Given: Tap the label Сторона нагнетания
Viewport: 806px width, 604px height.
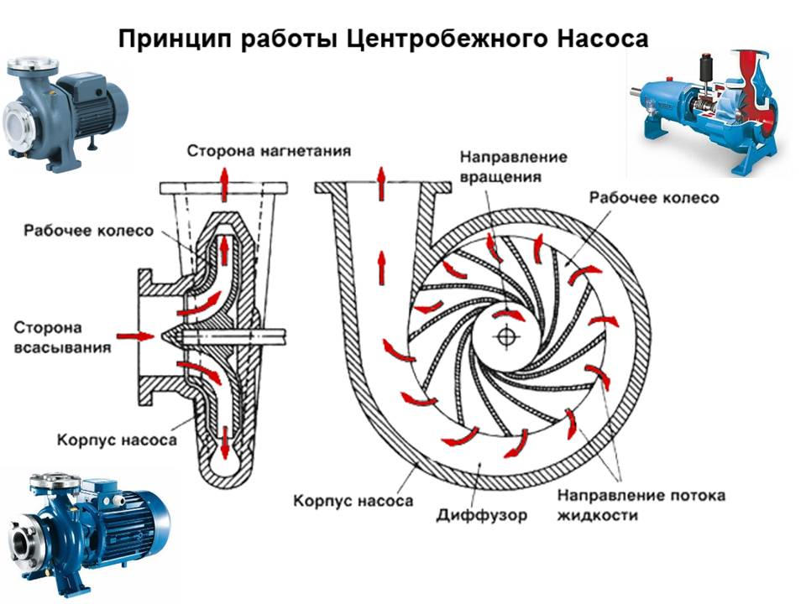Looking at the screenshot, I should (269, 151).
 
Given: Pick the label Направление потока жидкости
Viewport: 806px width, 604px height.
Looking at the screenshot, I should (641, 504).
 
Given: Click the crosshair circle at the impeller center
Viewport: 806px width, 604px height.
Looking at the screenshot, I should (505, 336).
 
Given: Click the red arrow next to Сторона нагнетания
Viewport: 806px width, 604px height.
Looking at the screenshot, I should (224, 181).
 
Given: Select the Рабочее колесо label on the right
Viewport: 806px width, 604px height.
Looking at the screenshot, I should (654, 198).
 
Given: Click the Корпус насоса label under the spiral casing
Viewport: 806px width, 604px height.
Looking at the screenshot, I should (353, 502).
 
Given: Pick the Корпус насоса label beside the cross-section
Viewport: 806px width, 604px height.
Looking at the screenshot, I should (117, 439).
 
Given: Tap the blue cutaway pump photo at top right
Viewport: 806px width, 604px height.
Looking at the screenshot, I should (709, 107).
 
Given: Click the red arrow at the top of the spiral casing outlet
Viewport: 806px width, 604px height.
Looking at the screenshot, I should (380, 183).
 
